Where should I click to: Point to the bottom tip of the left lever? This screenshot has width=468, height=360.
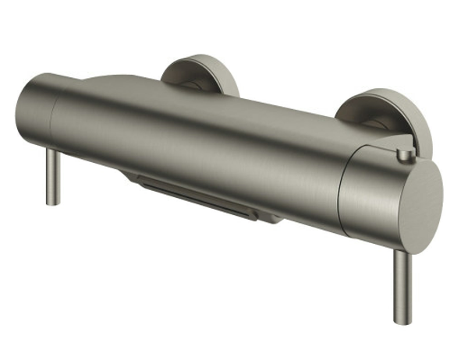click(53, 203)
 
